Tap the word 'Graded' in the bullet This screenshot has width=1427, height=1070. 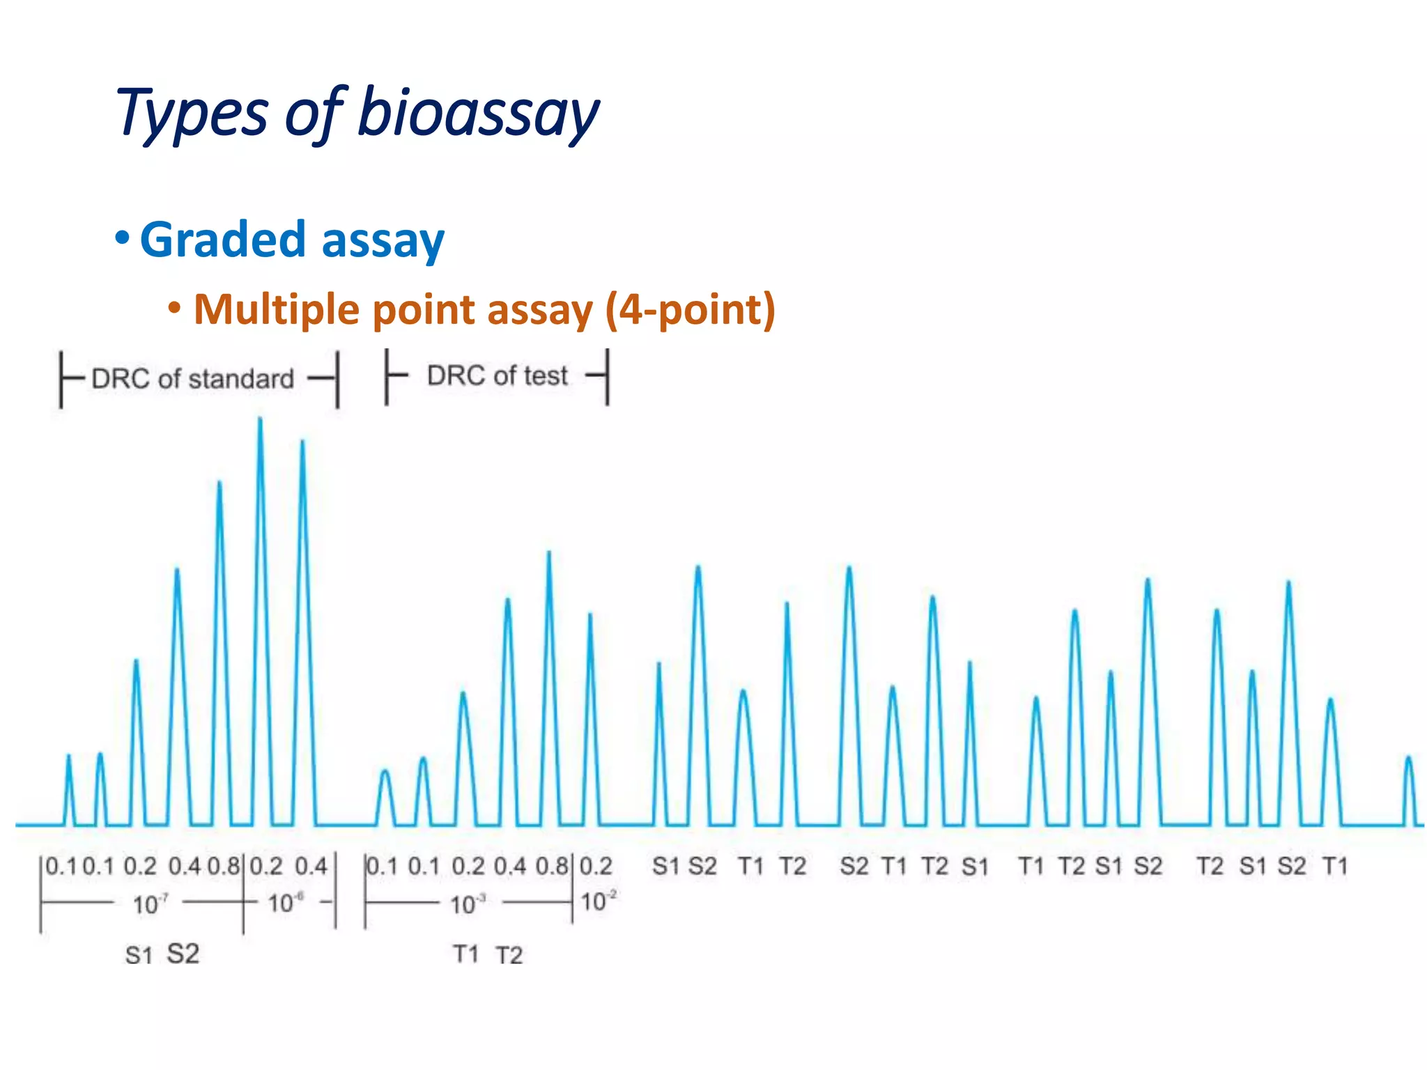(x=222, y=240)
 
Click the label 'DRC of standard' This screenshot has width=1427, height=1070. (x=193, y=379)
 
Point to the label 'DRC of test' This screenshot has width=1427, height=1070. (x=497, y=376)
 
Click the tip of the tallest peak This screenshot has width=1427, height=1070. (x=260, y=419)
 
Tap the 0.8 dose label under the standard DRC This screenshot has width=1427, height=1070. (x=223, y=867)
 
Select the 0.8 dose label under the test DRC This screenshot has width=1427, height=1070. (x=551, y=867)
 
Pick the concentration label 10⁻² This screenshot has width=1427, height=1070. (x=598, y=901)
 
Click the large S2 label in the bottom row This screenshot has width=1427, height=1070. (x=183, y=954)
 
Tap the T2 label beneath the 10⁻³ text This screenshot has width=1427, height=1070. (x=509, y=955)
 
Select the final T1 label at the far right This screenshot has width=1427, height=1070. (x=1335, y=867)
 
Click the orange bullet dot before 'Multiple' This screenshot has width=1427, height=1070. (x=175, y=307)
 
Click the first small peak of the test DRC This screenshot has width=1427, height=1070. (x=385, y=772)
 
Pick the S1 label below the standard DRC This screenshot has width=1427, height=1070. (x=138, y=955)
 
